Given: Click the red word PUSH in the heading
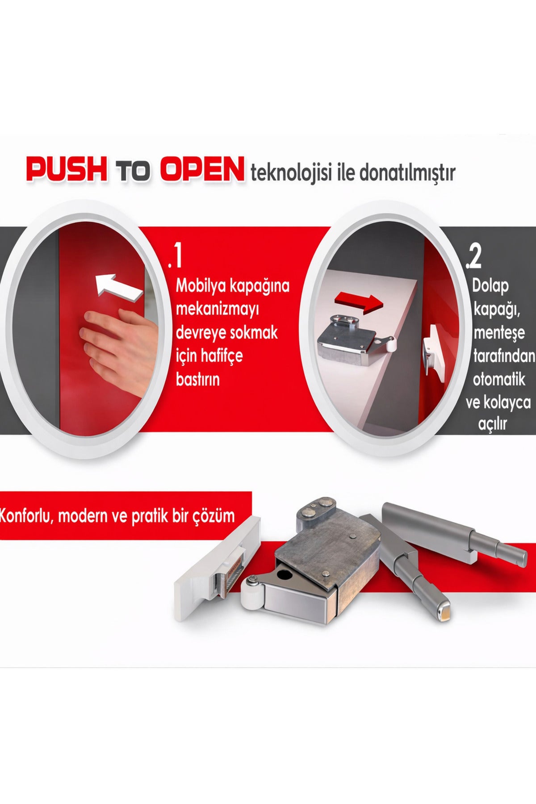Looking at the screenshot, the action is (67, 168).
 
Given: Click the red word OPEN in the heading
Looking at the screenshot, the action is (203, 168).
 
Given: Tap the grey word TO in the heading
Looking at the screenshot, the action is (134, 171).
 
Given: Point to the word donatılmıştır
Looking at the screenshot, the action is (407, 172).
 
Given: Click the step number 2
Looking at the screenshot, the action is (474, 258).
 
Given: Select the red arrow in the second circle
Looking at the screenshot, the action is (359, 301).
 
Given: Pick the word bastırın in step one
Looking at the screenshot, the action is (198, 379).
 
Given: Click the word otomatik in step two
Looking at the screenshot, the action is (499, 380).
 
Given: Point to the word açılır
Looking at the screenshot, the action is (493, 424).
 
